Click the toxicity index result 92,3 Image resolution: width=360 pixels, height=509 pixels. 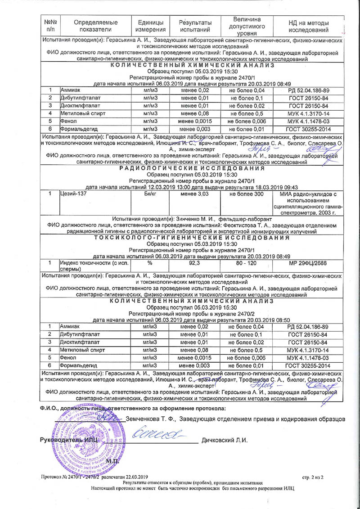pyautogui.click(x=195, y=262)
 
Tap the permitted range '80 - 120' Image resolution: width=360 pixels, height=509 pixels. pyautogui.click(x=247, y=262)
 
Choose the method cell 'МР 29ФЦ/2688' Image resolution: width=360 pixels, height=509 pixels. pyautogui.click(x=308, y=262)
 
